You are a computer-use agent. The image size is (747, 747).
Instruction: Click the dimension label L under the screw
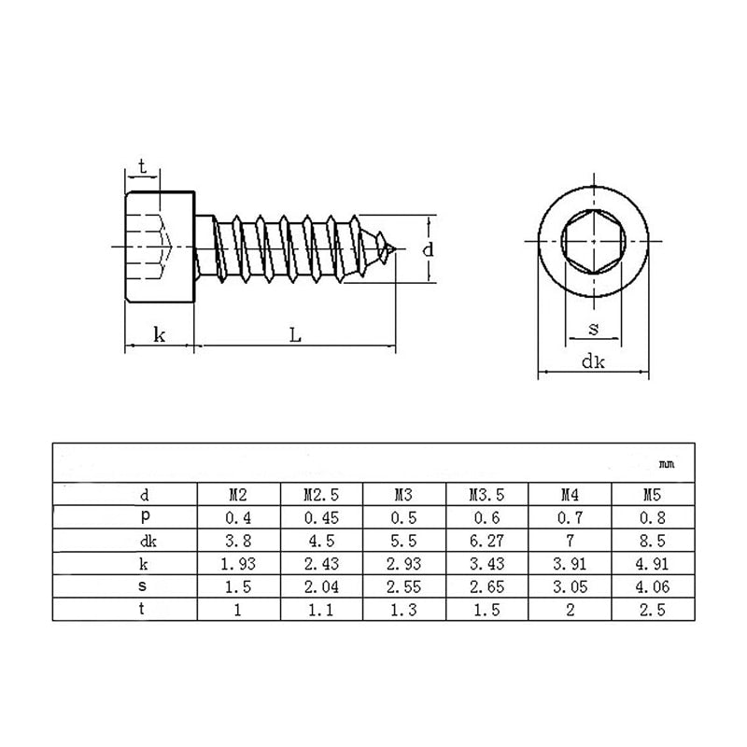point(294,335)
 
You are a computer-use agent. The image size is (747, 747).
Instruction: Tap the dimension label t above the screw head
point(141,166)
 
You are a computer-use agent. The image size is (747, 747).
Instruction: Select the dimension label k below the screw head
point(160,335)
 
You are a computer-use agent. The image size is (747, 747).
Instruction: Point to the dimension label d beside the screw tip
point(428,249)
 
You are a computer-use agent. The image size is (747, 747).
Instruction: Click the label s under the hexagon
point(594,329)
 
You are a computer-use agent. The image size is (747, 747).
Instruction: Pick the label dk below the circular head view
point(593,362)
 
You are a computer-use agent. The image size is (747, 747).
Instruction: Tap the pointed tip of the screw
point(399,249)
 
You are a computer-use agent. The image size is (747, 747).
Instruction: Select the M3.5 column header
point(486,494)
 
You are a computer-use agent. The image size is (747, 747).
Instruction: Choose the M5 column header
point(652,494)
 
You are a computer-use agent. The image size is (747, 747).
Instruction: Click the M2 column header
point(238,494)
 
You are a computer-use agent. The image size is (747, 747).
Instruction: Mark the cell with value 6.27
point(486,541)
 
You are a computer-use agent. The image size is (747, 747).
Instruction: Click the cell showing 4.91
point(652,563)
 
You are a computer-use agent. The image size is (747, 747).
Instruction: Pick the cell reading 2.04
point(320,586)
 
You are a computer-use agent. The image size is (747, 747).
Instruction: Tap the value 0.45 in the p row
point(320,517)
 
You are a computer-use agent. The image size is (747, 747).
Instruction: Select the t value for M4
point(569,609)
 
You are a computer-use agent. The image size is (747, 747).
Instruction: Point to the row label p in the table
point(145,516)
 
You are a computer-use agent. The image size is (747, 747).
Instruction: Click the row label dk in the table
point(145,541)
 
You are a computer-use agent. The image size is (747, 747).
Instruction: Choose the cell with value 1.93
point(238,563)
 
